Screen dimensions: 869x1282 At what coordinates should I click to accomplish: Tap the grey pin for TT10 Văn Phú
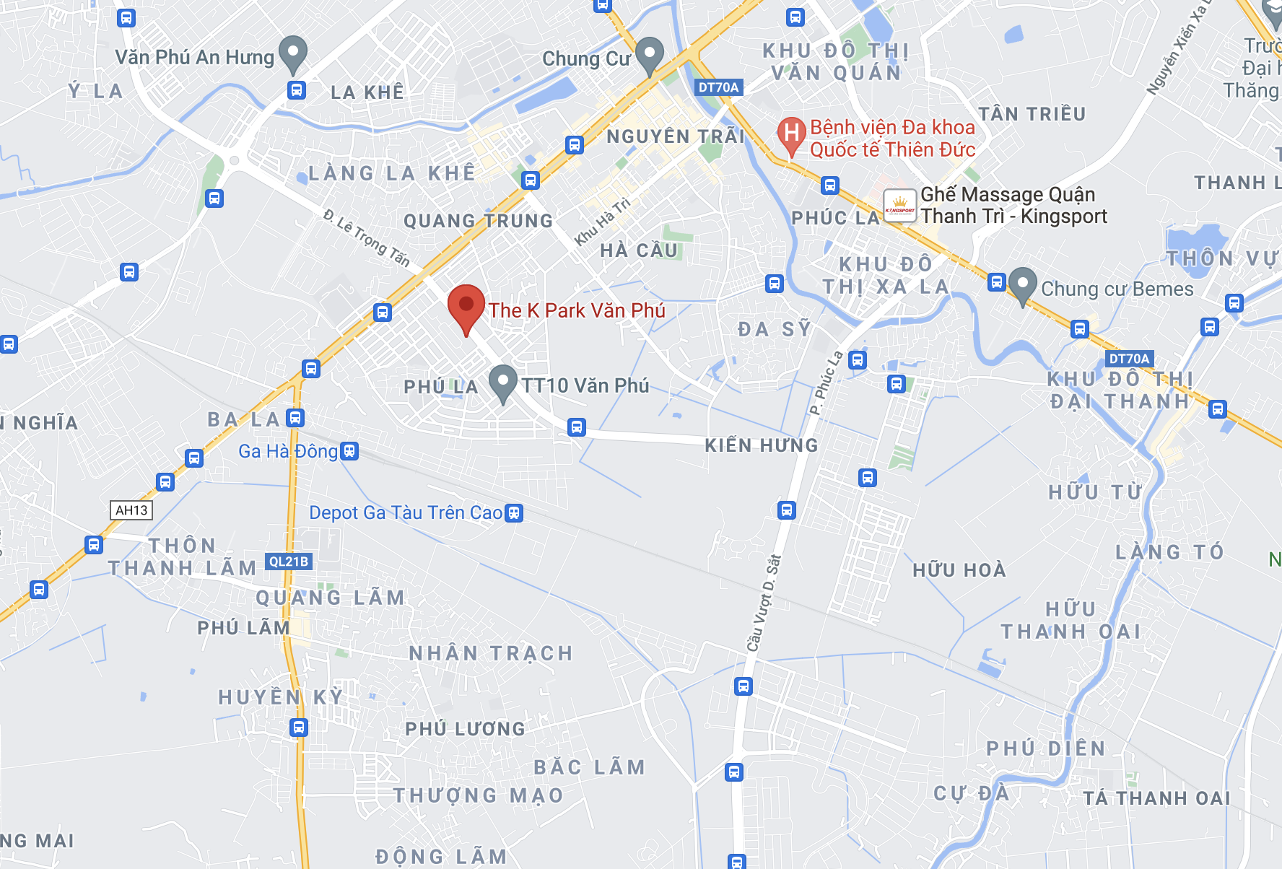click(x=502, y=383)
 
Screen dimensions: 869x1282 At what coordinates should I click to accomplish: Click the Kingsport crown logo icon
click(x=899, y=206)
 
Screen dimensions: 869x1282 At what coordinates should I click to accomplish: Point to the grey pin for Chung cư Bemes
click(x=1022, y=285)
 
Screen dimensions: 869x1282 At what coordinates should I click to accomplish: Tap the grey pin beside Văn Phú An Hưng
click(x=293, y=53)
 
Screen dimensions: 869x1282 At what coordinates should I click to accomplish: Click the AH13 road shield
click(x=131, y=510)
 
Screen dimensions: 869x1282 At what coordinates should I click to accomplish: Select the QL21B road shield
click(x=289, y=562)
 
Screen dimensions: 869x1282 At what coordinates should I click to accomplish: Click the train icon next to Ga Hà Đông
click(x=349, y=451)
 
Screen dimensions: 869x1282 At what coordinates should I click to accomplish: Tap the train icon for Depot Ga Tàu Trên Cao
click(x=514, y=513)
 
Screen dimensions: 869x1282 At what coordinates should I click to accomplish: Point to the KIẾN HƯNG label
click(x=762, y=445)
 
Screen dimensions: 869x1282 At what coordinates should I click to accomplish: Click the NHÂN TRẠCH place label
click(x=491, y=653)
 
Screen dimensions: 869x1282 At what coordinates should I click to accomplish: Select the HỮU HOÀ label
click(x=959, y=570)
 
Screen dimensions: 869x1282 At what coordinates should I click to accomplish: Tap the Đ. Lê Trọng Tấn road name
click(x=367, y=237)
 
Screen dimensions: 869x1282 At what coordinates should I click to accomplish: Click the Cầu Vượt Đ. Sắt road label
click(x=764, y=603)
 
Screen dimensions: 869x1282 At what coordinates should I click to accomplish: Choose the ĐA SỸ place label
click(x=775, y=329)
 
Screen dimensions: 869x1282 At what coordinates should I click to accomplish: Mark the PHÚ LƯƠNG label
click(x=465, y=729)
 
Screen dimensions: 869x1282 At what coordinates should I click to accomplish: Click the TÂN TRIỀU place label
click(x=1032, y=114)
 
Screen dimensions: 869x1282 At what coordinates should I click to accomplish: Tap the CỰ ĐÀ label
click(x=971, y=793)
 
